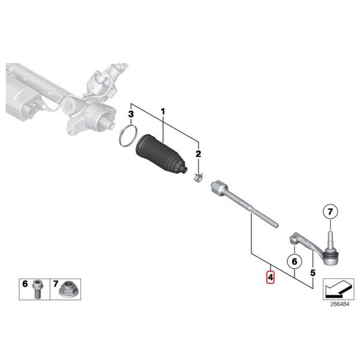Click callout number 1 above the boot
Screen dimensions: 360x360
pos(161,112)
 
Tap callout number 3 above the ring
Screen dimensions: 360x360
pos(130,114)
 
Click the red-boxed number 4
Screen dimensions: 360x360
pos(271,277)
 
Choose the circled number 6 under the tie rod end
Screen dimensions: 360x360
pos(293,262)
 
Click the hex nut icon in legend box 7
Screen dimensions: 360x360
pos(68,290)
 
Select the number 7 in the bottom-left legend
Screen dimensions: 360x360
pos(56,283)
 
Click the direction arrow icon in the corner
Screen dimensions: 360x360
pos(337,288)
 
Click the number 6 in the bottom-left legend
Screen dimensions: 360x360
pos(25,283)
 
